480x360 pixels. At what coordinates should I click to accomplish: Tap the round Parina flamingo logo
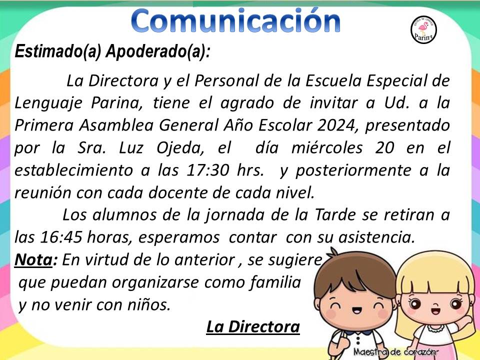point(423,29)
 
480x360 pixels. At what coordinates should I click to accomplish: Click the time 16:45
point(61,237)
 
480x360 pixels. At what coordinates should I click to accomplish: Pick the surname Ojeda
point(179,148)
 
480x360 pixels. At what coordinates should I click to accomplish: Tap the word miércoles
point(327,147)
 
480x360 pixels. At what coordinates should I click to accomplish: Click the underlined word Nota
point(33,260)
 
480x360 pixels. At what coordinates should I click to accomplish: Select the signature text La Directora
point(253,326)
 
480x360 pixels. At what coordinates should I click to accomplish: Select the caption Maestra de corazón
point(394,352)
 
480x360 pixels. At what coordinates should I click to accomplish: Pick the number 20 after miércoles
point(384,147)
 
